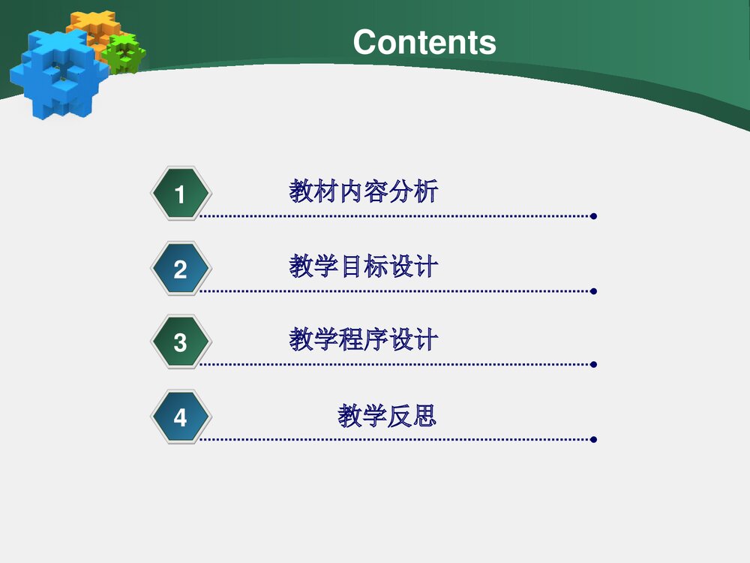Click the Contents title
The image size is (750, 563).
424,42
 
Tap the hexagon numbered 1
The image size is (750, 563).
180,194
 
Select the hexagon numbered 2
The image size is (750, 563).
180,269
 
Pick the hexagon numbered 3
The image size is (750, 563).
180,342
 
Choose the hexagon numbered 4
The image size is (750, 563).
180,417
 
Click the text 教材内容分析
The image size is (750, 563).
364,192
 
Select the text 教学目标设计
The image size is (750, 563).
364,266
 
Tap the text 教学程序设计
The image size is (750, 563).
364,341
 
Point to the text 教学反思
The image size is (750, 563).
387,415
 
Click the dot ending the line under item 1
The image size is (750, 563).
593,217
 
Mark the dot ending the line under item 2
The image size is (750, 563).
593,291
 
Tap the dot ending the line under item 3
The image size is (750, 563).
593,365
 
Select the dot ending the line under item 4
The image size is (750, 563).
593,439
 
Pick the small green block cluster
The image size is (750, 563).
124,54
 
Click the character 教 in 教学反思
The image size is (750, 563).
350,415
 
